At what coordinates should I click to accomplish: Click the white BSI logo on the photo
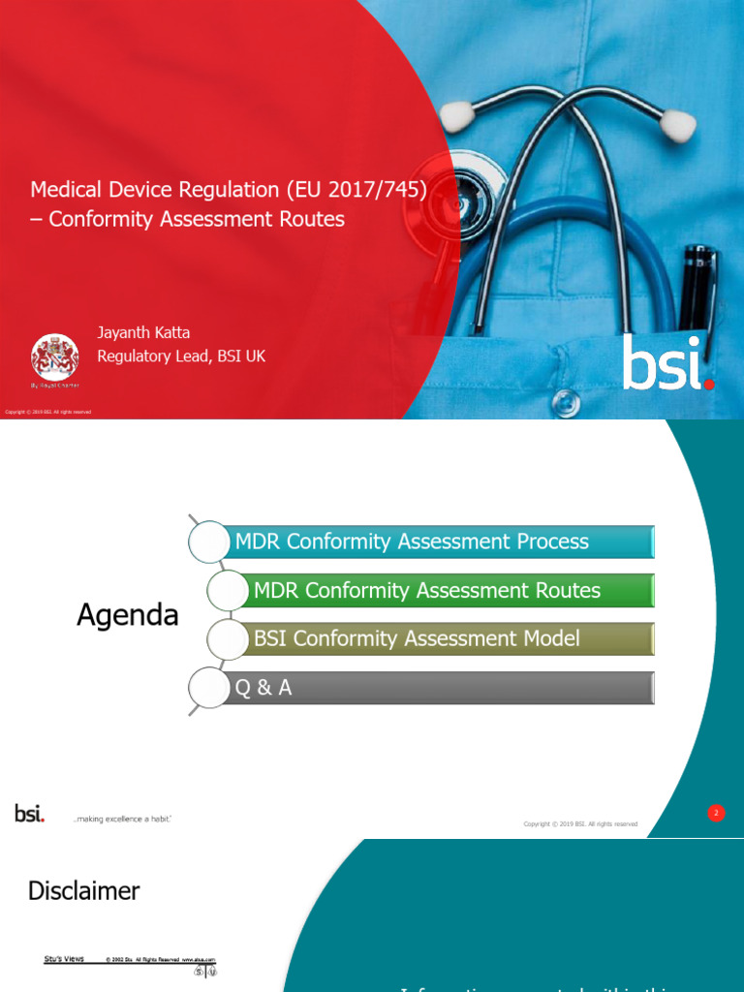[x=666, y=362]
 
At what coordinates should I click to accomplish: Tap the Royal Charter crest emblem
[x=55, y=357]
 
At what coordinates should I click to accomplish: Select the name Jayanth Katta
[x=143, y=332]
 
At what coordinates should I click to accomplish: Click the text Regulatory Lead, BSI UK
[x=181, y=356]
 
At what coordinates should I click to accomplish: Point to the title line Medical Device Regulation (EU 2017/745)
[x=229, y=189]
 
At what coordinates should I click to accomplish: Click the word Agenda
[x=128, y=615]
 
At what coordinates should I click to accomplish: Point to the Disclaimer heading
[x=84, y=891]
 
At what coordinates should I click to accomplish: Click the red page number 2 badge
[x=716, y=813]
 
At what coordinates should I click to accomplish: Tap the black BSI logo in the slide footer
[x=29, y=814]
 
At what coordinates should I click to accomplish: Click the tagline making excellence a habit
[x=122, y=820]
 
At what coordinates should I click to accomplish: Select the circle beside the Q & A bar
[x=209, y=688]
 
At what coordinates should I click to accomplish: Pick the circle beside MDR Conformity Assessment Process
[x=209, y=542]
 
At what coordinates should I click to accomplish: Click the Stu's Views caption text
[x=64, y=959]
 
